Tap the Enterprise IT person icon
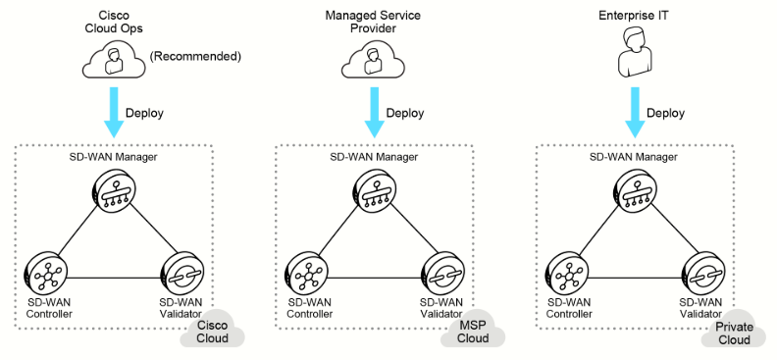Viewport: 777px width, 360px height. coord(634,52)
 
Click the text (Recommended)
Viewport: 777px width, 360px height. coord(196,57)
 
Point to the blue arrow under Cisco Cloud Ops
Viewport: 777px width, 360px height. coord(114,113)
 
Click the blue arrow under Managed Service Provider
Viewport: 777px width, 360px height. coord(374,113)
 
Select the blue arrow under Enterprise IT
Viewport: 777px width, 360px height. coord(635,113)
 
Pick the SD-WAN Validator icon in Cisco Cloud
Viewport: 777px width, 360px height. coord(181,273)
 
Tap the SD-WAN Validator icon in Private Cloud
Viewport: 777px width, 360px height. coord(701,273)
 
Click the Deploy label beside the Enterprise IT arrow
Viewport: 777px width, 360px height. coord(665,113)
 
